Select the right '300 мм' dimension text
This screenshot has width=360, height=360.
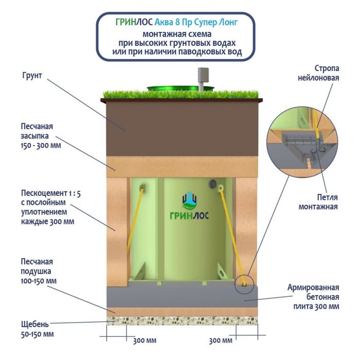pos(221,340)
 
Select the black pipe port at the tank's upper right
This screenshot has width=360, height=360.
pos(212,184)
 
